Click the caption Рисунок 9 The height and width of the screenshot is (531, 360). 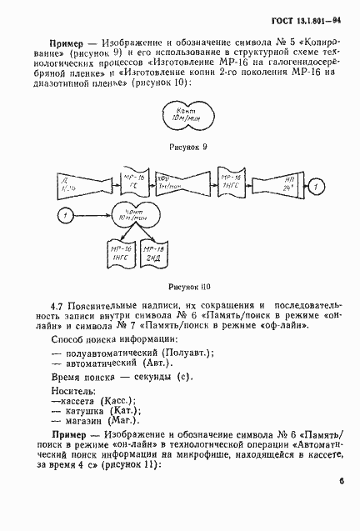point(188,147)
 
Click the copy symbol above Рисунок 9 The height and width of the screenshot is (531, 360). point(187,115)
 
